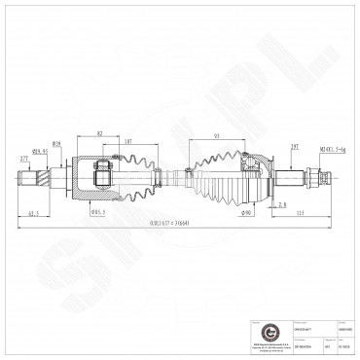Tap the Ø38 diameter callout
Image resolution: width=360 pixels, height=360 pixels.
pyautogui.click(x=57, y=144)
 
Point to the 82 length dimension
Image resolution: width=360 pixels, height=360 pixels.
pyautogui.click(x=100, y=132)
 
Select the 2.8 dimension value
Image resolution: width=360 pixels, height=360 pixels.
pyautogui.click(x=281, y=205)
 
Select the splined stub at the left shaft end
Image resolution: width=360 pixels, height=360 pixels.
pyautogui.click(x=30, y=179)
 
